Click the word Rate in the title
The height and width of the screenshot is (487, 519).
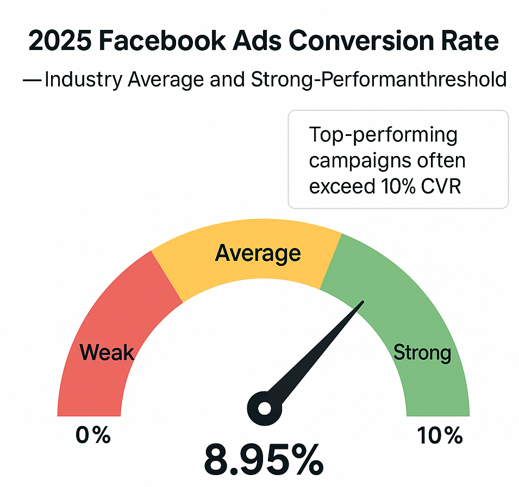pyautogui.click(x=468, y=41)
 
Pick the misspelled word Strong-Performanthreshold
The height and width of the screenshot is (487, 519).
pyautogui.click(x=379, y=80)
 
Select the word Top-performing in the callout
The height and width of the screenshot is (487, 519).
pyautogui.click(x=383, y=134)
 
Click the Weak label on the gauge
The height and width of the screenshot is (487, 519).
pyautogui.click(x=107, y=353)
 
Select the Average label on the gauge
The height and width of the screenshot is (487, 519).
pyautogui.click(x=258, y=253)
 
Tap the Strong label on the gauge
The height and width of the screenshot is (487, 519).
pyautogui.click(x=422, y=353)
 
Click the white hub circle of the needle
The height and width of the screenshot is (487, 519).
pyautogui.click(x=265, y=408)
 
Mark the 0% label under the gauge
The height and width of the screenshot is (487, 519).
pyautogui.click(x=93, y=435)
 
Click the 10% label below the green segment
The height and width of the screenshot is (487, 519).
pyautogui.click(x=440, y=435)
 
